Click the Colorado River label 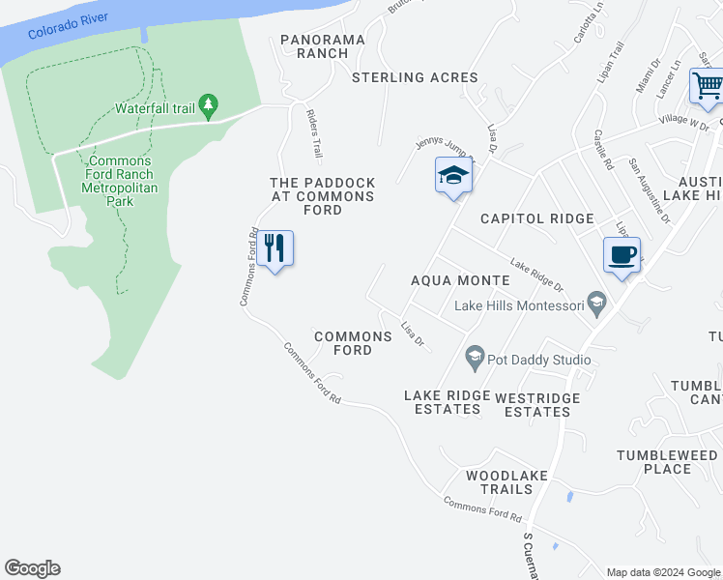[67, 24]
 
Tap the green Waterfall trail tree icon [207, 103]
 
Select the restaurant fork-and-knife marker [275, 248]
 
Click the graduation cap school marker [452, 175]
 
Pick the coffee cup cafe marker [621, 255]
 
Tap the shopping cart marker [707, 86]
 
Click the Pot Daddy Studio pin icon [475, 357]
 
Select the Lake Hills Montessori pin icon [597, 304]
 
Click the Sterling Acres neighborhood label [415, 77]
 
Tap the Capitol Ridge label [537, 218]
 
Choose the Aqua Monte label [460, 280]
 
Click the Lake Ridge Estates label [443, 402]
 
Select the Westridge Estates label [537, 405]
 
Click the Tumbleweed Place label [668, 462]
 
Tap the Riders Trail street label [313, 133]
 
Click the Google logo [33, 568]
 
